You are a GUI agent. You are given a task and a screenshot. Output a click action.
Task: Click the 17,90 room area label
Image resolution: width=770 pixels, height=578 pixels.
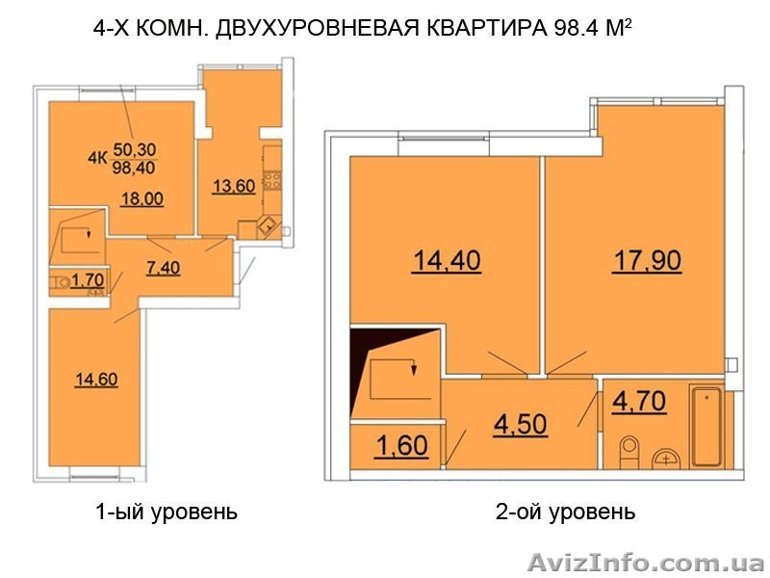click(648, 260)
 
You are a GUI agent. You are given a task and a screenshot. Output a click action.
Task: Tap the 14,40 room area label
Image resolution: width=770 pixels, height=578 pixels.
click(447, 260)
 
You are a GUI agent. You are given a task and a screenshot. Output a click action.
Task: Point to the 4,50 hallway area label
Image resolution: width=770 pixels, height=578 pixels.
click(521, 424)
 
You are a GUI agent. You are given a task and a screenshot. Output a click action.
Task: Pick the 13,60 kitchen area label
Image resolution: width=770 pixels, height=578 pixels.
click(233, 187)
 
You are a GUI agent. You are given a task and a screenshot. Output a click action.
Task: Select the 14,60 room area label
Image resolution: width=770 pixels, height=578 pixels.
click(96, 379)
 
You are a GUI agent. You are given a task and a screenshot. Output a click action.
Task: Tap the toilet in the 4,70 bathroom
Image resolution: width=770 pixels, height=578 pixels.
click(629, 450)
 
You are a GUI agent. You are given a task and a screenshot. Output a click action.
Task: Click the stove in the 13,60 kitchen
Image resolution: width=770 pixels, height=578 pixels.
click(271, 180)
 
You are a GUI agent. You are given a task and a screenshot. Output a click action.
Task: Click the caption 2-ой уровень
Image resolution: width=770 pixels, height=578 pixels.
click(565, 512)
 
